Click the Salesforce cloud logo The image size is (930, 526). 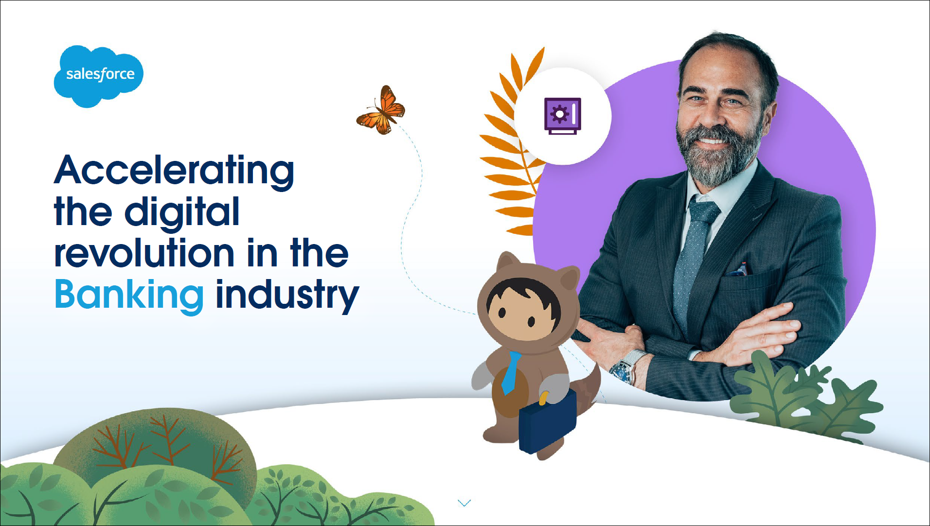coord(99,76)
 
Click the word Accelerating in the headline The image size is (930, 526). coord(174,171)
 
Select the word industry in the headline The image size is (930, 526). coord(287,295)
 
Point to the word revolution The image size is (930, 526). coord(145,253)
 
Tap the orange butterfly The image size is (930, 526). coord(381,111)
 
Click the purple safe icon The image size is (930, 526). coord(563,116)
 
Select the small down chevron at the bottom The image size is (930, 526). coord(465,503)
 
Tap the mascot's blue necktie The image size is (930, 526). coord(510,372)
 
